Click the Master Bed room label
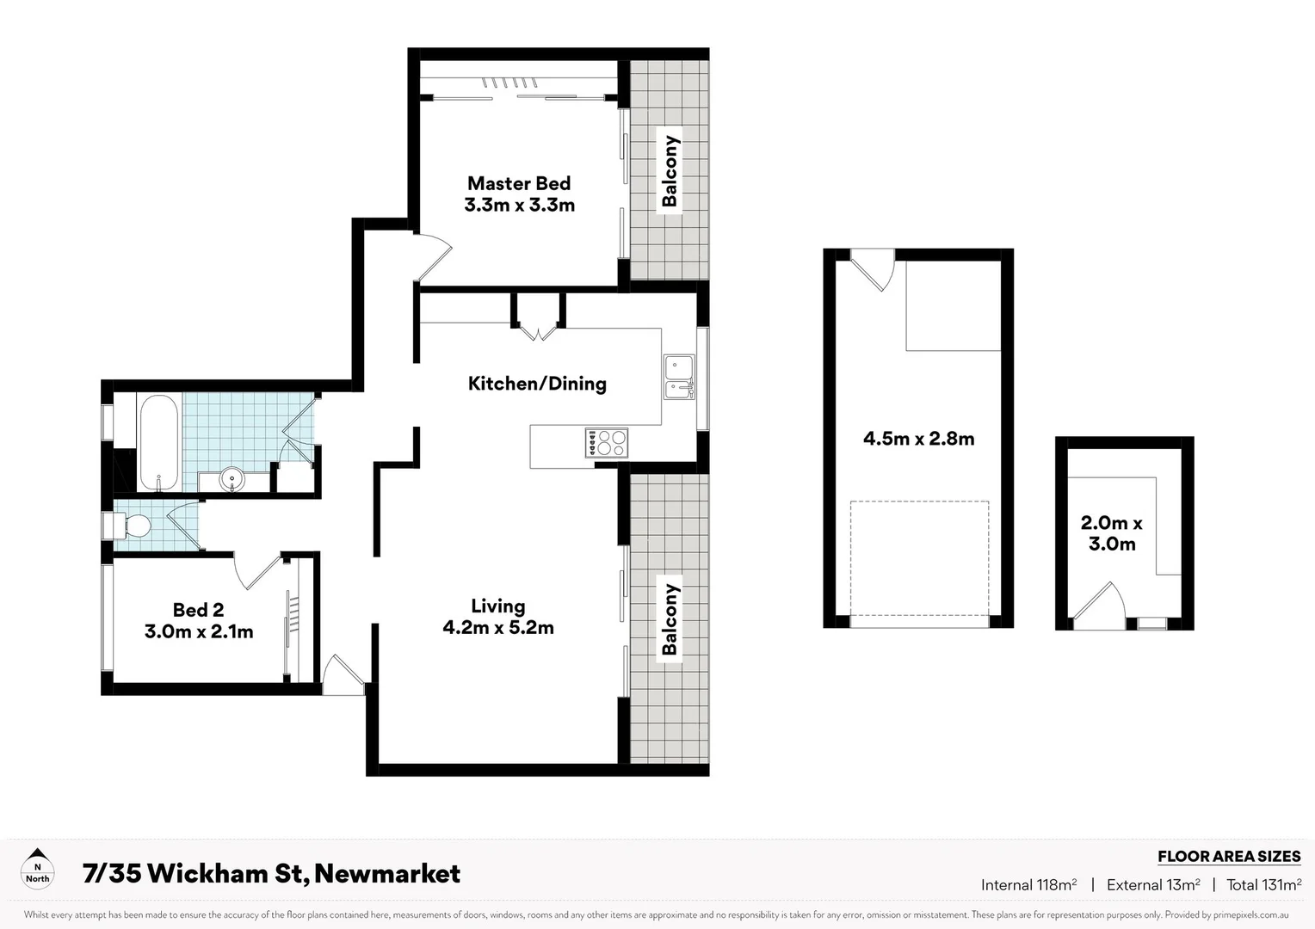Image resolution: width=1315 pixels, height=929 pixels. coord(518,183)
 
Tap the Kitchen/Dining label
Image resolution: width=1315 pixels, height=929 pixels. coord(537,384)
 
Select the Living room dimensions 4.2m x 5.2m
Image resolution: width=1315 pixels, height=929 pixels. coord(498,628)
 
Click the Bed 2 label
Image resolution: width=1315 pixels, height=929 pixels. coord(198,610)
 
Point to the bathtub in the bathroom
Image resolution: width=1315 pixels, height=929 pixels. coord(158,442)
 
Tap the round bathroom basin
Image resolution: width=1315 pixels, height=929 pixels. coord(232,478)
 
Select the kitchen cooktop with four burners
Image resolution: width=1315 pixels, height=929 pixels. coord(607,443)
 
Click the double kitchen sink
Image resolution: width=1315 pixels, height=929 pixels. coord(678,378)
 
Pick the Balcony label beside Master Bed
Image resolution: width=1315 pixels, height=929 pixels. coord(670,171)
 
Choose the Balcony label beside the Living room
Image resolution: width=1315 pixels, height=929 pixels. coord(670,619)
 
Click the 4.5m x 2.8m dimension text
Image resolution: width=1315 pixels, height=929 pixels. coord(918,439)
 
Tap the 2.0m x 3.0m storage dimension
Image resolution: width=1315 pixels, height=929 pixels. coord(1111,533)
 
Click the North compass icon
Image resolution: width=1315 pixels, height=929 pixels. coord(37,868)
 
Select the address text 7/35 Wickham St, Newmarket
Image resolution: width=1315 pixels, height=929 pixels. coord(271,874)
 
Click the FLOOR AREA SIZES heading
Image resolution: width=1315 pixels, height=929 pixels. coord(1228,856)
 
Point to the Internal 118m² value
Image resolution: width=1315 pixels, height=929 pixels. coord(1028,884)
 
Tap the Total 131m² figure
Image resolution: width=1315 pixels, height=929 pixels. coord(1263,884)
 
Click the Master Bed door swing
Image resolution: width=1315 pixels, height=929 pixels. coord(433,257)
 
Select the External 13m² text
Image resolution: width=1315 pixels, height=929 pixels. coord(1153,884)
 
